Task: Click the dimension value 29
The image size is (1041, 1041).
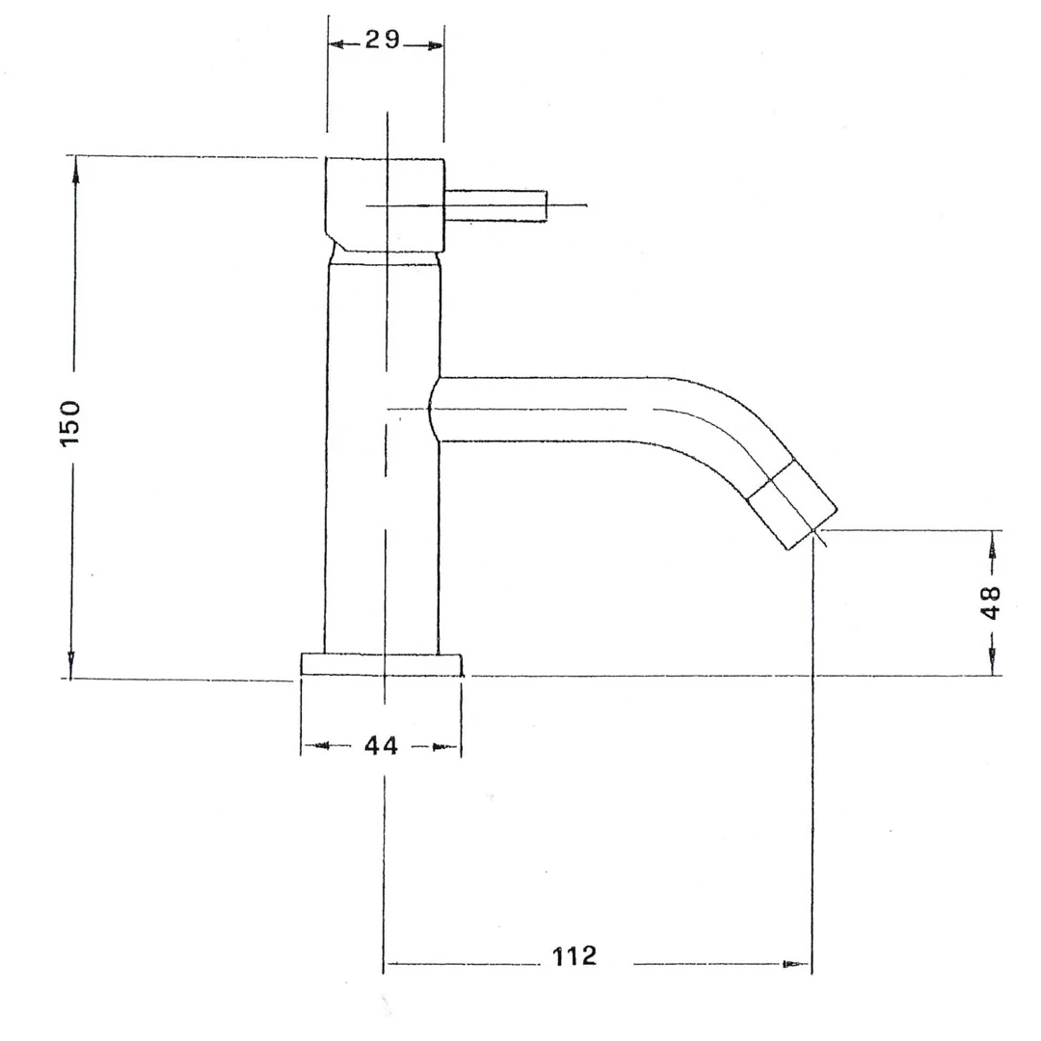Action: click(x=383, y=40)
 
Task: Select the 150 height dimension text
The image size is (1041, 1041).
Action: click(x=69, y=423)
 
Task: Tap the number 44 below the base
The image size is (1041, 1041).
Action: click(x=381, y=745)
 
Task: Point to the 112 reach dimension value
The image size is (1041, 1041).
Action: click(x=574, y=956)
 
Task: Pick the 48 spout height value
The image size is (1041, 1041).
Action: click(x=990, y=602)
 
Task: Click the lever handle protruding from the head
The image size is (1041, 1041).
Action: click(x=495, y=206)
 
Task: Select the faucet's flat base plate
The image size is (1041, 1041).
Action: click(x=381, y=664)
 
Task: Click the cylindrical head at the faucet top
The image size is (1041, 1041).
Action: click(x=385, y=205)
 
